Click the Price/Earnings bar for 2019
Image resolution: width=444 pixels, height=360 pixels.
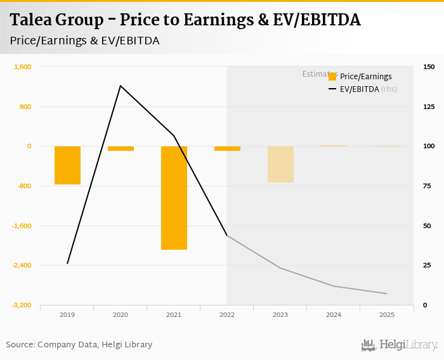click(67, 165)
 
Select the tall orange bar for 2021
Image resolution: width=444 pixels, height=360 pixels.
click(174, 198)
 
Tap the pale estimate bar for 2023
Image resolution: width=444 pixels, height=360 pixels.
click(280, 164)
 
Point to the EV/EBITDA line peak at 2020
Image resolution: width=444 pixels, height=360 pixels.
click(121, 86)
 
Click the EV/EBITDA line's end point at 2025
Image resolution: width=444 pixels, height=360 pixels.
click(386, 293)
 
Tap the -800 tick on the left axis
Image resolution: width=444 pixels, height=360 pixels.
click(23, 186)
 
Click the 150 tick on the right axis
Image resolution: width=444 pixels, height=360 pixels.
click(429, 67)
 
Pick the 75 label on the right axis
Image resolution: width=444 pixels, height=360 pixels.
click(427, 186)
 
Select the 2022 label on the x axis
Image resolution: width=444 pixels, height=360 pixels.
click(227, 314)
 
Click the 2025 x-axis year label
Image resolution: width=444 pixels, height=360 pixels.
click(386, 314)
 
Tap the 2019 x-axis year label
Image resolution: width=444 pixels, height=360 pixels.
click(67, 314)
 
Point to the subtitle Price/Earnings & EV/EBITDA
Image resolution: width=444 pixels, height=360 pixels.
click(84, 41)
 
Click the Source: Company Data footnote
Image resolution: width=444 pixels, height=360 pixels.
click(79, 345)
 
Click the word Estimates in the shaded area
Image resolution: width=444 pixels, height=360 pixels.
click(315, 74)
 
